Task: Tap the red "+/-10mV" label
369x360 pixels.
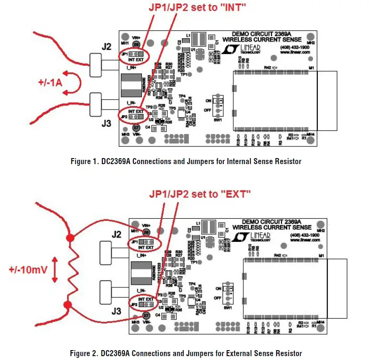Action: (x=27, y=270)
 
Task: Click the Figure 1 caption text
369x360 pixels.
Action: (x=186, y=162)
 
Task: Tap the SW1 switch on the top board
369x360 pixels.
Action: (x=219, y=106)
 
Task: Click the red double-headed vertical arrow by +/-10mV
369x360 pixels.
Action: (x=55, y=270)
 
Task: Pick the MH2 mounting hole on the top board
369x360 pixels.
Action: (x=310, y=37)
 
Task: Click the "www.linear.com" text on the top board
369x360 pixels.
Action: (x=295, y=52)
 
